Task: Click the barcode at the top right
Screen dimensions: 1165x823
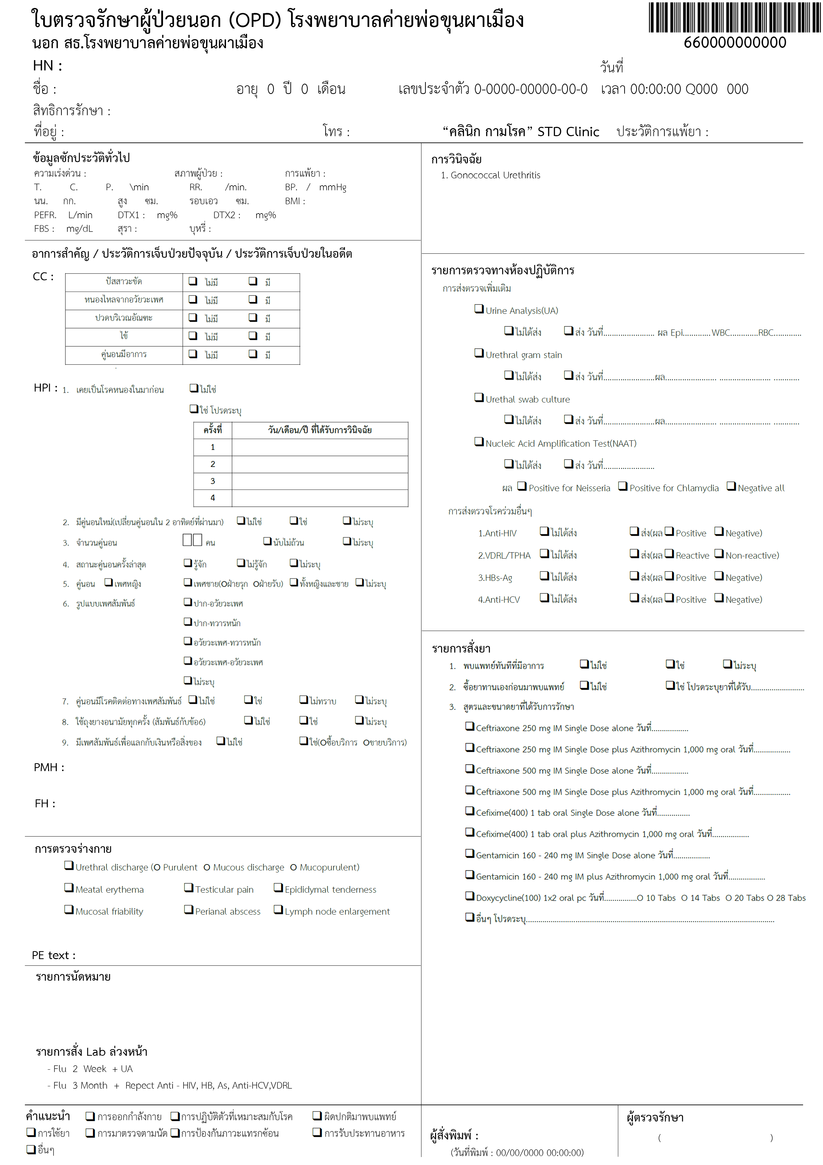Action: pos(734,18)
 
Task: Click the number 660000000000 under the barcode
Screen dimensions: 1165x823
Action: pos(734,43)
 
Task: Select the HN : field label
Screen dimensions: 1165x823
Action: pos(47,66)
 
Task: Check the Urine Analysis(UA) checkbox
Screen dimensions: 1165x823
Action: pos(479,309)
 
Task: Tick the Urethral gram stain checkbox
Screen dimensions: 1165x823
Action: pos(479,353)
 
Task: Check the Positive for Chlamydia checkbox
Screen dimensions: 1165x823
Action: pos(623,486)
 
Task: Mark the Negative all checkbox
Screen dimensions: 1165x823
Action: pos(731,486)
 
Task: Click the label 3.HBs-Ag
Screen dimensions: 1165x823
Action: pos(495,578)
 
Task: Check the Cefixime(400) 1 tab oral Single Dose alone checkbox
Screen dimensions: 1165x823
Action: pos(470,811)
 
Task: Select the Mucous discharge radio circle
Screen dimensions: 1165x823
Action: pos(207,868)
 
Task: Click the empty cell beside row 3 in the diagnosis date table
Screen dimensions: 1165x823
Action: pos(320,481)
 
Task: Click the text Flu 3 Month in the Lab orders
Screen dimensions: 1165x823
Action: pos(80,1085)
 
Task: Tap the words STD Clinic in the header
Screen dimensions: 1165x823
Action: pos(568,132)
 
